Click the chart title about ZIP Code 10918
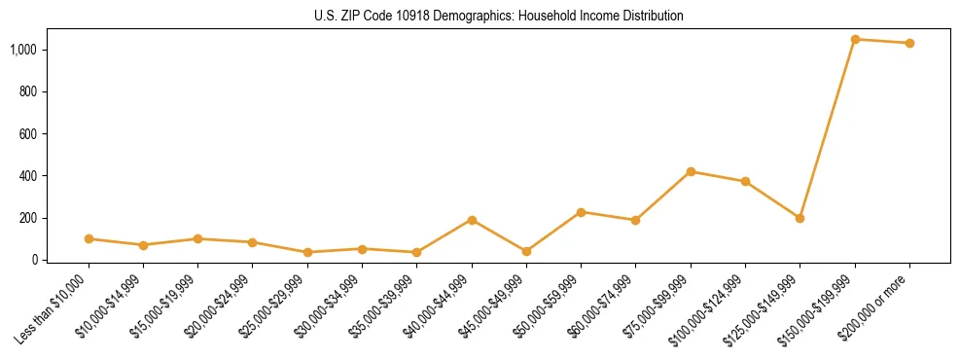(499, 16)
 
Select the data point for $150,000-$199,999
(855, 40)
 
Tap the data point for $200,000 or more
(909, 43)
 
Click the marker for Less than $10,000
(89, 238)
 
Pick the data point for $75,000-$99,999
(691, 171)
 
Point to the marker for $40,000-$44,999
(472, 220)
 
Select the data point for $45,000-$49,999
(526, 251)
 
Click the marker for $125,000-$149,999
(800, 218)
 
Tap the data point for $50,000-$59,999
(581, 212)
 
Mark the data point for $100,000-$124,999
(745, 181)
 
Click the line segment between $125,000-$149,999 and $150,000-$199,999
(827, 129)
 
